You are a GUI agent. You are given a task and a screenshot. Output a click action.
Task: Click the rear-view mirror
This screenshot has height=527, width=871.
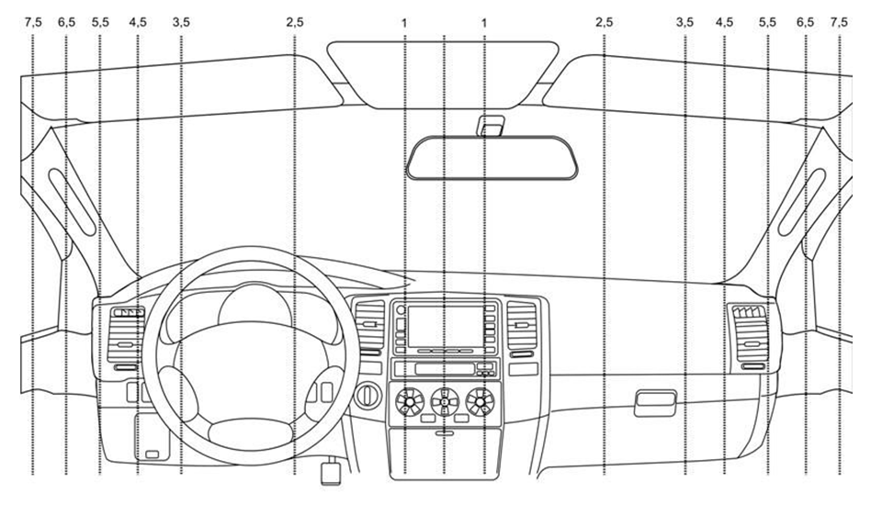click(494, 156)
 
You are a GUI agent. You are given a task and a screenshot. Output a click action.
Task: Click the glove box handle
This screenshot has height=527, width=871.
click(655, 401)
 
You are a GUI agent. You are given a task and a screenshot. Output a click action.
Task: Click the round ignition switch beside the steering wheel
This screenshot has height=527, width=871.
click(367, 396)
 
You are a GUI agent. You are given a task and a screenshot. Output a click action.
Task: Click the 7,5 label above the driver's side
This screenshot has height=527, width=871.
click(33, 21)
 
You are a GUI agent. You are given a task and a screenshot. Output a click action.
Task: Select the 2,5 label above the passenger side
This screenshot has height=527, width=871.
click(604, 21)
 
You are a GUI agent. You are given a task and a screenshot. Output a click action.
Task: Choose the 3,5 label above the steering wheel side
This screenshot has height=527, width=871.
click(181, 21)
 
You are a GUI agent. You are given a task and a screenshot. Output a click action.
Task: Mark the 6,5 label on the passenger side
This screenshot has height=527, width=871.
click(806, 21)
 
